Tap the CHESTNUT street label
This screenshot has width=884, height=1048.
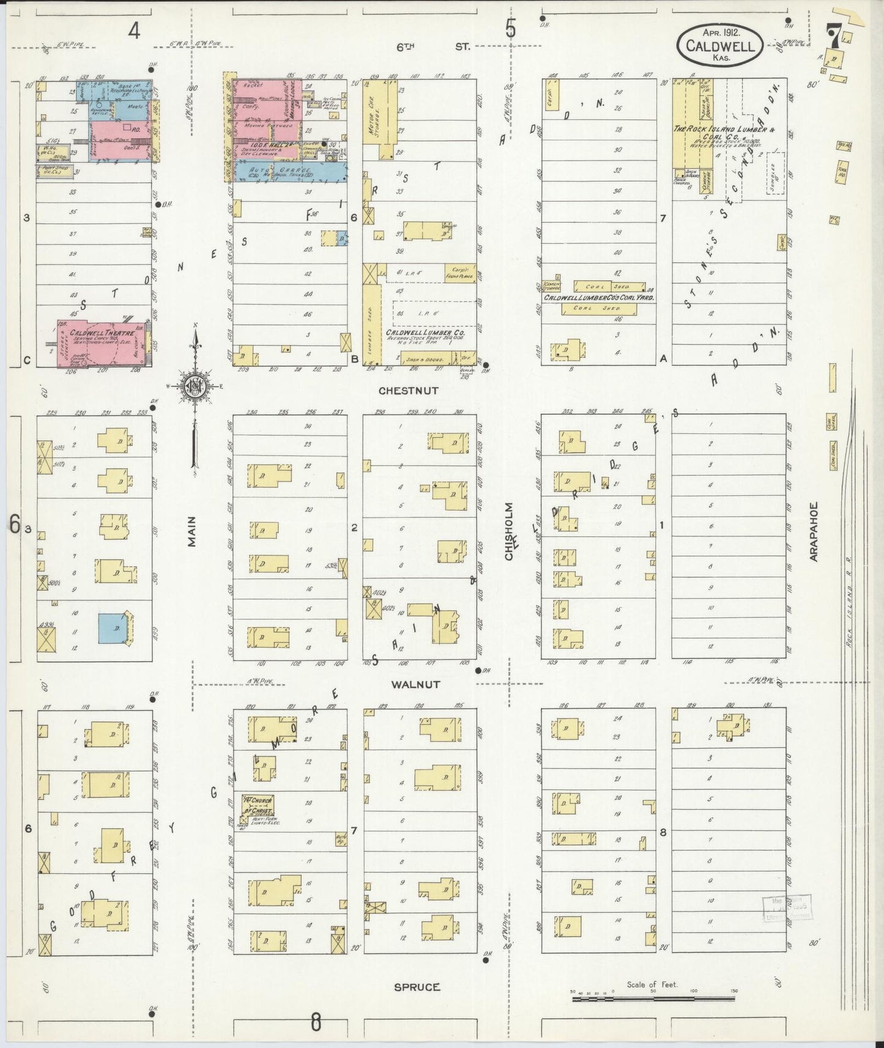(x=408, y=389)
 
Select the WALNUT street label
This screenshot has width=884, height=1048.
(x=415, y=684)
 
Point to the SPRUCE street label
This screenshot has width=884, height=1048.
(x=417, y=986)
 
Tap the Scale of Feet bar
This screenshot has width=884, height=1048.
(x=654, y=999)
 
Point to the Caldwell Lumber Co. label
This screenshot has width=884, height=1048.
(x=419, y=333)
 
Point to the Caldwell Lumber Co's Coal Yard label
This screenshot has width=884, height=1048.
(x=599, y=297)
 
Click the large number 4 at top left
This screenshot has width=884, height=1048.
(x=133, y=30)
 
